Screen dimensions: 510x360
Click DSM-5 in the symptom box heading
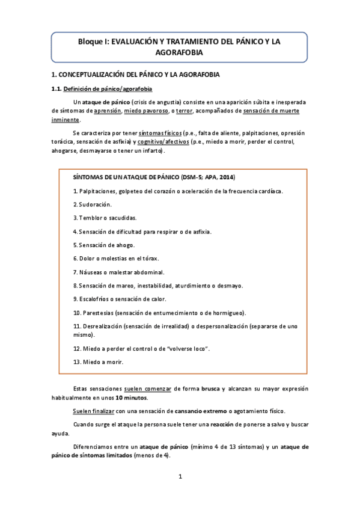click(192, 178)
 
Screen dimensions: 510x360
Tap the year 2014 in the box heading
click(227, 178)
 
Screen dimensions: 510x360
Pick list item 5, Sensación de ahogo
click(103, 245)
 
